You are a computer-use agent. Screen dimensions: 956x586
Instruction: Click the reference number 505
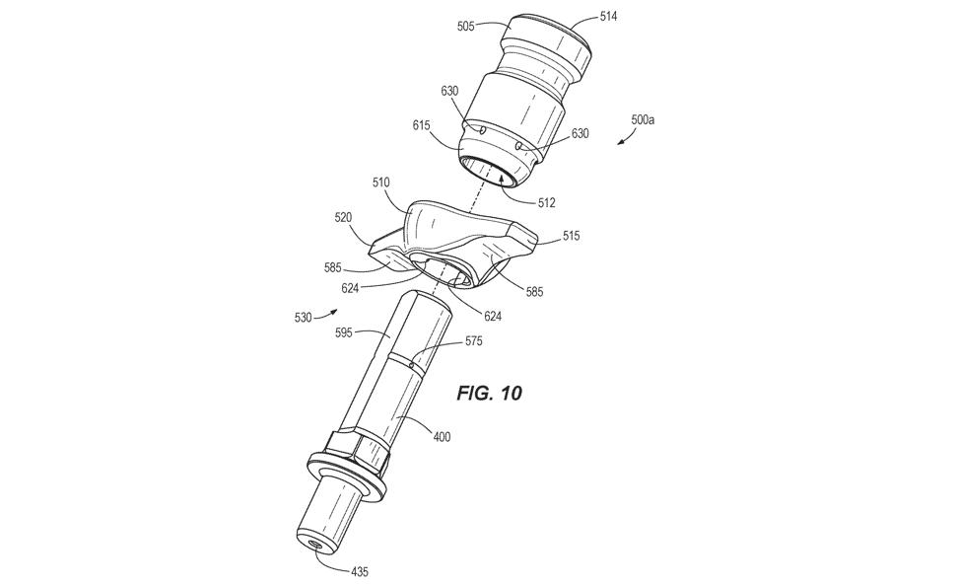coord(466,27)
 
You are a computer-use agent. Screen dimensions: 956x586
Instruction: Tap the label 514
coord(608,17)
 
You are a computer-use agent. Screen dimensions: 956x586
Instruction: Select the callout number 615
coord(421,125)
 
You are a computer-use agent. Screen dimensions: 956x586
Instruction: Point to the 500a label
coord(643,119)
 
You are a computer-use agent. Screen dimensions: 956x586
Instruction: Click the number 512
coord(547,202)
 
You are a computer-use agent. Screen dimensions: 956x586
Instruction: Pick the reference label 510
coord(381,183)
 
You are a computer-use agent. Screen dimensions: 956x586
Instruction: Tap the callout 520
coord(343,218)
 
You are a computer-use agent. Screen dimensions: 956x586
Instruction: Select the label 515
coord(572,236)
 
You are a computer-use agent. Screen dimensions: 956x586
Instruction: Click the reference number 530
coord(303,318)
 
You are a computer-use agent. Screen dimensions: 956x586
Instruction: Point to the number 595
coord(345,333)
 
